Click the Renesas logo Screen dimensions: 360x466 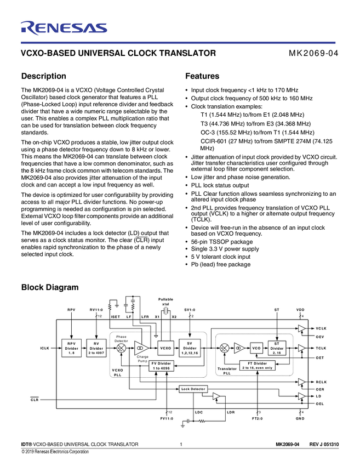pos(64,28)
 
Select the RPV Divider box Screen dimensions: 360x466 pos(72,348)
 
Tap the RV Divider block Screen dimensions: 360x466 pos(96,348)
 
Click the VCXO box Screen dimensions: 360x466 pos(165,348)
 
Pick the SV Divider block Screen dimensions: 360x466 pos(190,348)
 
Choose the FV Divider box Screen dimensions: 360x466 pos(161,366)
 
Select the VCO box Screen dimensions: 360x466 pos(256,348)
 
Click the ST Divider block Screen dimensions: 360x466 pos(277,348)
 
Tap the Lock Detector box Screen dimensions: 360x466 pos(193,389)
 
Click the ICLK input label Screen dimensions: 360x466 pos(45,348)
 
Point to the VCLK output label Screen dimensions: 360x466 pos(321,328)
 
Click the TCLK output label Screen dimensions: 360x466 pos(321,348)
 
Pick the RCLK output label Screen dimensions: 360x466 pos(321,382)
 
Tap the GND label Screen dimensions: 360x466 pos(300,418)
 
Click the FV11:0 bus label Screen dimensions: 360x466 pos(167,418)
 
